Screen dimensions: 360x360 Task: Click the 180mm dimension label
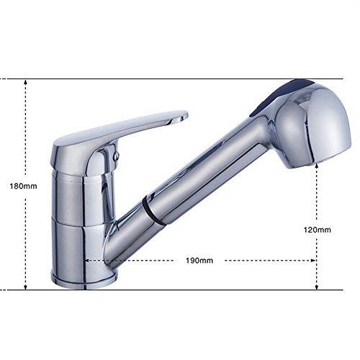[23, 186]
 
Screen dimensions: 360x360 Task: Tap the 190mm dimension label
[199, 261]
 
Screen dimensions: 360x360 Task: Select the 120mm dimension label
[318, 230]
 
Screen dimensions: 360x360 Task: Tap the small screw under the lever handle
[117, 156]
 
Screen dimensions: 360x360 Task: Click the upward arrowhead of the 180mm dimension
[26, 82]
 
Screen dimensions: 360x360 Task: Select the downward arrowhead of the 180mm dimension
[26, 287]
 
